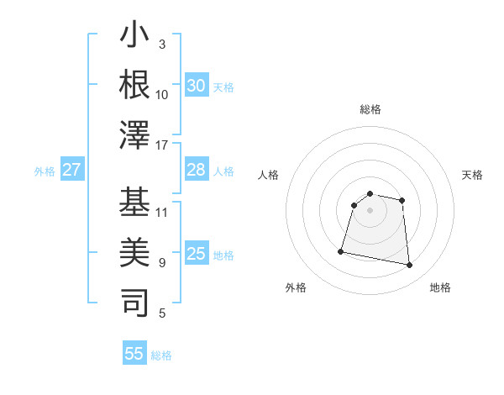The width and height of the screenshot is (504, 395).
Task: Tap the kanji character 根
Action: coord(135,84)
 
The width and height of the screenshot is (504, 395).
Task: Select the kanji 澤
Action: coord(135,134)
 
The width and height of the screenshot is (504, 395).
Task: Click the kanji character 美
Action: coord(135,252)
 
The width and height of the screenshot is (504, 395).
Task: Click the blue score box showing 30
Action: coord(196,86)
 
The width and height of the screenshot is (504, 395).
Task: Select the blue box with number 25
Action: coord(196,255)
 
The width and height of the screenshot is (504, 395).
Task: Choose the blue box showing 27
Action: coord(71,171)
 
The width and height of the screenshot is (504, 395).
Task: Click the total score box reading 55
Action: coord(134,354)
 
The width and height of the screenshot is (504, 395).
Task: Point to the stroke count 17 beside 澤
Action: coord(162,145)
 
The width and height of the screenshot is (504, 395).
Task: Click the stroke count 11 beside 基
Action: coord(162,212)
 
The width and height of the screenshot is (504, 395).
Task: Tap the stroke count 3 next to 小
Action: coord(161,45)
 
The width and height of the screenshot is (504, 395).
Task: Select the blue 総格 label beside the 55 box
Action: coord(161,355)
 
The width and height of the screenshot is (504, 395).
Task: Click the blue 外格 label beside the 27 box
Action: coord(45,171)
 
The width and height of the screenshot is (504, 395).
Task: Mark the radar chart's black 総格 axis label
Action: coord(370,109)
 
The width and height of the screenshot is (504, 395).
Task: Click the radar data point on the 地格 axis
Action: coord(409,266)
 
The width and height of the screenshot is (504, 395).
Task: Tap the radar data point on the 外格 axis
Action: coord(341,251)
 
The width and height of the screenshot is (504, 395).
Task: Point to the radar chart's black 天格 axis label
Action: coord(472,175)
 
